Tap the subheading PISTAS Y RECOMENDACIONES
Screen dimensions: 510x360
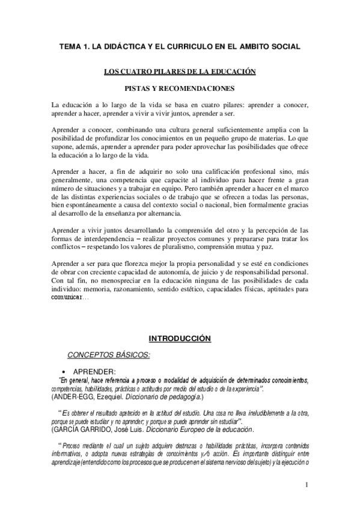[180, 88]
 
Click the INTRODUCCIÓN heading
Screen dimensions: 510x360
[180, 339]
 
